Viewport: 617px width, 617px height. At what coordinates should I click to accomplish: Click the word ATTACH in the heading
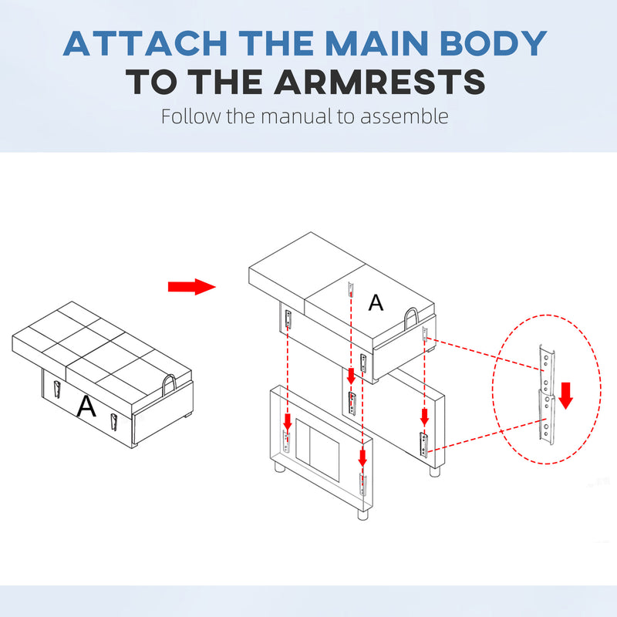coord(145,43)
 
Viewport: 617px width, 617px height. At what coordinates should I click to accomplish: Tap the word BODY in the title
coord(493,43)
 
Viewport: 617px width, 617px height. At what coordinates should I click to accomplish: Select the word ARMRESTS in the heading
coord(379,82)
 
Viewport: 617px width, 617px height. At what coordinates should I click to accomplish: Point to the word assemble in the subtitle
coord(404,116)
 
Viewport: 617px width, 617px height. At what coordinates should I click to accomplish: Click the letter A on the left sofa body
coord(86,406)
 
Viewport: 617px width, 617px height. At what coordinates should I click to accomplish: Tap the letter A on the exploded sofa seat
coord(376,302)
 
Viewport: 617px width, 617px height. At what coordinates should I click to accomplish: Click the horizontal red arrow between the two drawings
coord(191,287)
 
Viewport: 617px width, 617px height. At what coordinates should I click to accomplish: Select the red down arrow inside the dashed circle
coord(565,396)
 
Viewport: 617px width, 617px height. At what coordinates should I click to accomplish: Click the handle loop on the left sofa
coord(169,386)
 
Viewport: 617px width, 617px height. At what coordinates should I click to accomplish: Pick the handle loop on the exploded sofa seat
coord(411,319)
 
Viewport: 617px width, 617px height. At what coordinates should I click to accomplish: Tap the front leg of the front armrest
coord(362,514)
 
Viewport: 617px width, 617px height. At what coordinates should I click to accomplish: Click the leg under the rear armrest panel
coord(434,471)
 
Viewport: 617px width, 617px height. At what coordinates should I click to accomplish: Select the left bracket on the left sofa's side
coord(56,389)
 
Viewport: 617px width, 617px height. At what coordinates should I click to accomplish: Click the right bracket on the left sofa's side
coord(113,422)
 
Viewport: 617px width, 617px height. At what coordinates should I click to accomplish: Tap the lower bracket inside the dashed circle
coord(546,417)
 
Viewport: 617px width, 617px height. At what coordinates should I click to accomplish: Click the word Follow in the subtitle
coord(190,116)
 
